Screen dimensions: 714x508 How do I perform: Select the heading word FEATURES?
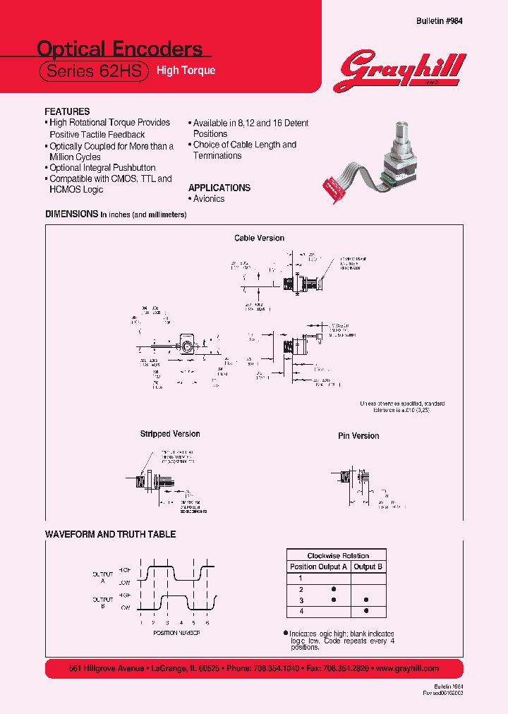(67, 111)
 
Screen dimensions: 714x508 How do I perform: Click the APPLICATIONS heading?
(219, 188)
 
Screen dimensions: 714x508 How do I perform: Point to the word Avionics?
(209, 199)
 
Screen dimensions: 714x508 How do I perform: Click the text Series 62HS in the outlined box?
(93, 71)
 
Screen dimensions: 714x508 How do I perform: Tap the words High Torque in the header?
(186, 71)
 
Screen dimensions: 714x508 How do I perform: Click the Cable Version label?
(259, 238)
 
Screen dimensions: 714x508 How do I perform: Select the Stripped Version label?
(170, 434)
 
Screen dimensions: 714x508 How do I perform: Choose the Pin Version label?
(358, 436)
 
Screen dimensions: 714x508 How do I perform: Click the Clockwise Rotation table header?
(338, 555)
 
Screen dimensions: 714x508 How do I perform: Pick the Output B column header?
(369, 567)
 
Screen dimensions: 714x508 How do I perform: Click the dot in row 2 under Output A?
(334, 588)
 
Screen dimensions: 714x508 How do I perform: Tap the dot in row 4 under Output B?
(365, 610)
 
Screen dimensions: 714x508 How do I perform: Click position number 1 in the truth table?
(301, 577)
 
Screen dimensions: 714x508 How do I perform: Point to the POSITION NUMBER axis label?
(176, 634)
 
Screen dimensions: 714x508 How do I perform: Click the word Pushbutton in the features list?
(133, 168)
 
